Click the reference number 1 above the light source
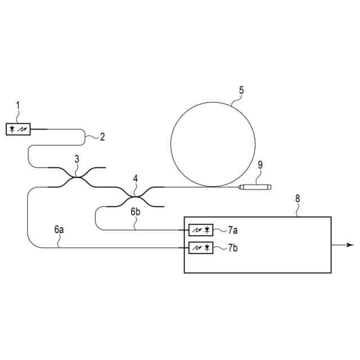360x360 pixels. (17, 105)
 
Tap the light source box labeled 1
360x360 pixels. (19, 129)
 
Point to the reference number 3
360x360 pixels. (77, 159)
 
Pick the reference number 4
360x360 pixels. (135, 178)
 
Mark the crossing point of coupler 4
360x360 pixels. (135, 196)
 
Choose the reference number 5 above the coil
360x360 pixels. (241, 89)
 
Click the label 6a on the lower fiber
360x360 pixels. (59, 229)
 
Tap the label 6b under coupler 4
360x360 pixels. (135, 212)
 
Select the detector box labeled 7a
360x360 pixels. (201, 230)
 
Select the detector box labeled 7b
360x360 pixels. (201, 247)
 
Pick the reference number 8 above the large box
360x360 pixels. (298, 198)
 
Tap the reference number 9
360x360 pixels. (260, 164)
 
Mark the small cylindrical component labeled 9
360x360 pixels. (255, 186)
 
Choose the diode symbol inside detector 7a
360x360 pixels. (208, 230)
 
